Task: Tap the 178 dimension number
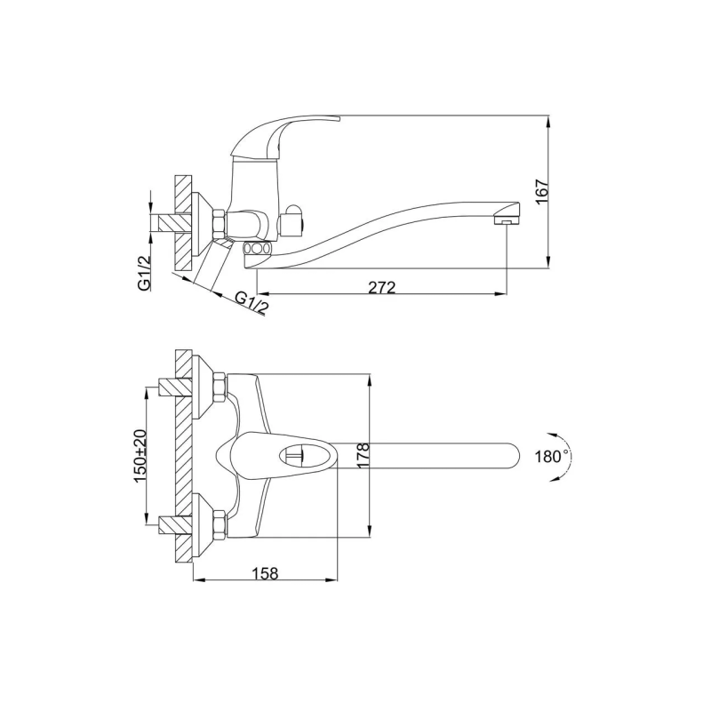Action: [363, 455]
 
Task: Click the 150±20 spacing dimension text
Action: [140, 454]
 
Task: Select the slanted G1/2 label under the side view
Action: [252, 301]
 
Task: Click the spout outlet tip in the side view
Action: [506, 219]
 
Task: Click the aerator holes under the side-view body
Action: [257, 250]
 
